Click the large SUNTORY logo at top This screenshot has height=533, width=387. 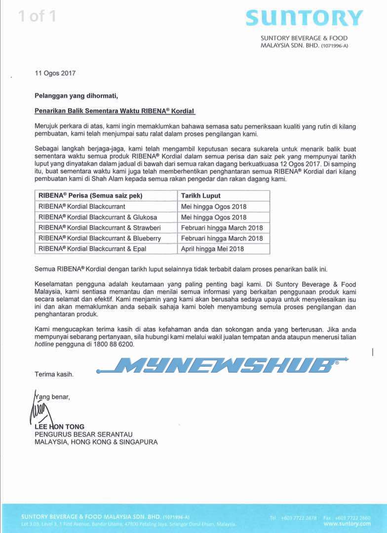[x=304, y=18]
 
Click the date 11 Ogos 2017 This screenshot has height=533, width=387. [x=55, y=73]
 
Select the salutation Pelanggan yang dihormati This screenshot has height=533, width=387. [x=77, y=95]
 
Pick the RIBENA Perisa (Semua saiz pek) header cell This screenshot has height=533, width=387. [x=90, y=195]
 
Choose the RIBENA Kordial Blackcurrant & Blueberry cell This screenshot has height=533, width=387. [x=99, y=238]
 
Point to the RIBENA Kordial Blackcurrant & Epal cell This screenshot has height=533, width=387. [x=92, y=249]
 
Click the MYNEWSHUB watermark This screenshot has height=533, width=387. [x=222, y=365]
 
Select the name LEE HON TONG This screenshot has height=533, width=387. [x=59, y=426]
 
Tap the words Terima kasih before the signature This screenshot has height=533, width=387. [x=54, y=374]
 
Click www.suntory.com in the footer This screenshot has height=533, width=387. [x=347, y=524]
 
